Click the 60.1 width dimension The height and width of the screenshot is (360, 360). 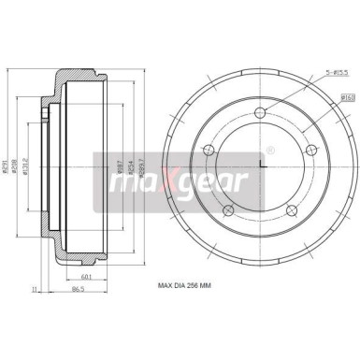(x=86, y=276)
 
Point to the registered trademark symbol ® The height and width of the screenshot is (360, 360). (x=271, y=149)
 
